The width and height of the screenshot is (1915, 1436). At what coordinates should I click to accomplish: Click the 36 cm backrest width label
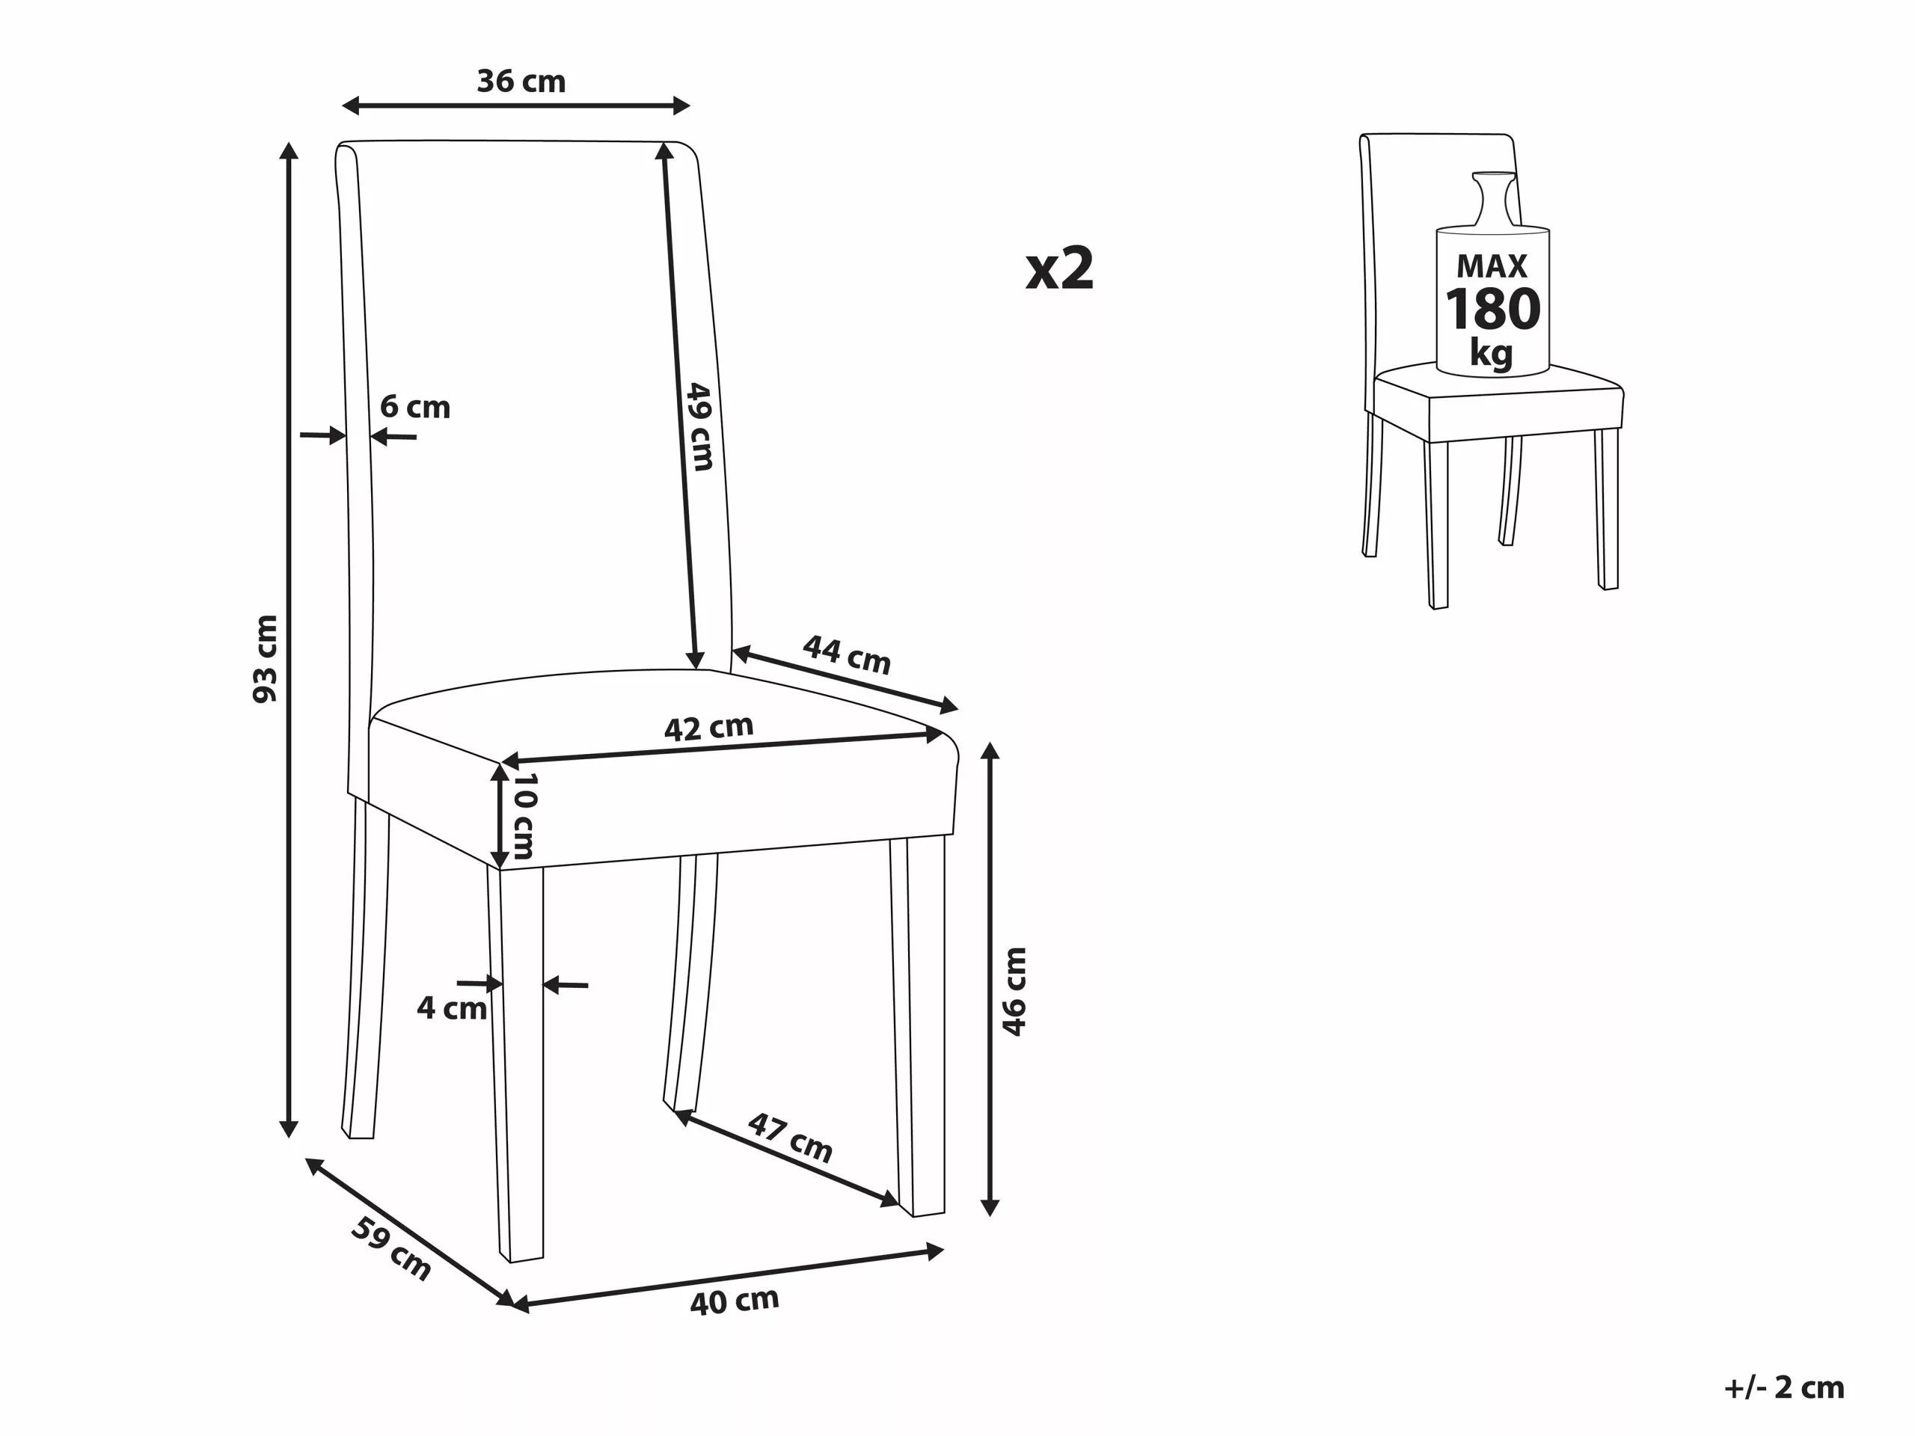[521, 82]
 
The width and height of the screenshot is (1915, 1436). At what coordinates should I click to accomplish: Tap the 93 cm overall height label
[265, 659]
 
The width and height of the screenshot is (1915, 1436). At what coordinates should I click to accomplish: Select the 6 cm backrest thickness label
[416, 407]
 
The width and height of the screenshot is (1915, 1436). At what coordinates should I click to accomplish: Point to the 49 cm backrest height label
[699, 427]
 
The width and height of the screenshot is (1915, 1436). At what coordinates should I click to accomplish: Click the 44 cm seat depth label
[847, 654]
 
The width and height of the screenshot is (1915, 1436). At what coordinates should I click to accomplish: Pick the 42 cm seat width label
[709, 728]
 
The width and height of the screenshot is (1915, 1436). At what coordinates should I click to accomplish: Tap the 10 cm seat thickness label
[524, 815]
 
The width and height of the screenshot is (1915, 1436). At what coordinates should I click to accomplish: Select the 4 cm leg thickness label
[452, 1008]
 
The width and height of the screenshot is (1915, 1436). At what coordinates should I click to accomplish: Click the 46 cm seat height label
[1014, 992]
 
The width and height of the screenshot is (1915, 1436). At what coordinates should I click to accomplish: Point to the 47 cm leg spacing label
[791, 1138]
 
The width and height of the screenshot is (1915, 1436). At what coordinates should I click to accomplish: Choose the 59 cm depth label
[391, 1248]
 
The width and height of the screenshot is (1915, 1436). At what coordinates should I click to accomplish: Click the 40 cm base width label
[735, 1301]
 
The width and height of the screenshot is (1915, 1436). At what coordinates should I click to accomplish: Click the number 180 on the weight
[1492, 309]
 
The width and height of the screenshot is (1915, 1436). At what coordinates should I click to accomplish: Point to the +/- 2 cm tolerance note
[1784, 1387]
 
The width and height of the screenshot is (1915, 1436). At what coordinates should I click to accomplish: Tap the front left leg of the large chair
[516, 1062]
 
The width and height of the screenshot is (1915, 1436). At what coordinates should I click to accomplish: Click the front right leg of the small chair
[1607, 509]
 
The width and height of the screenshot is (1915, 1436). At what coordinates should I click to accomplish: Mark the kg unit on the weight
[1492, 354]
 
